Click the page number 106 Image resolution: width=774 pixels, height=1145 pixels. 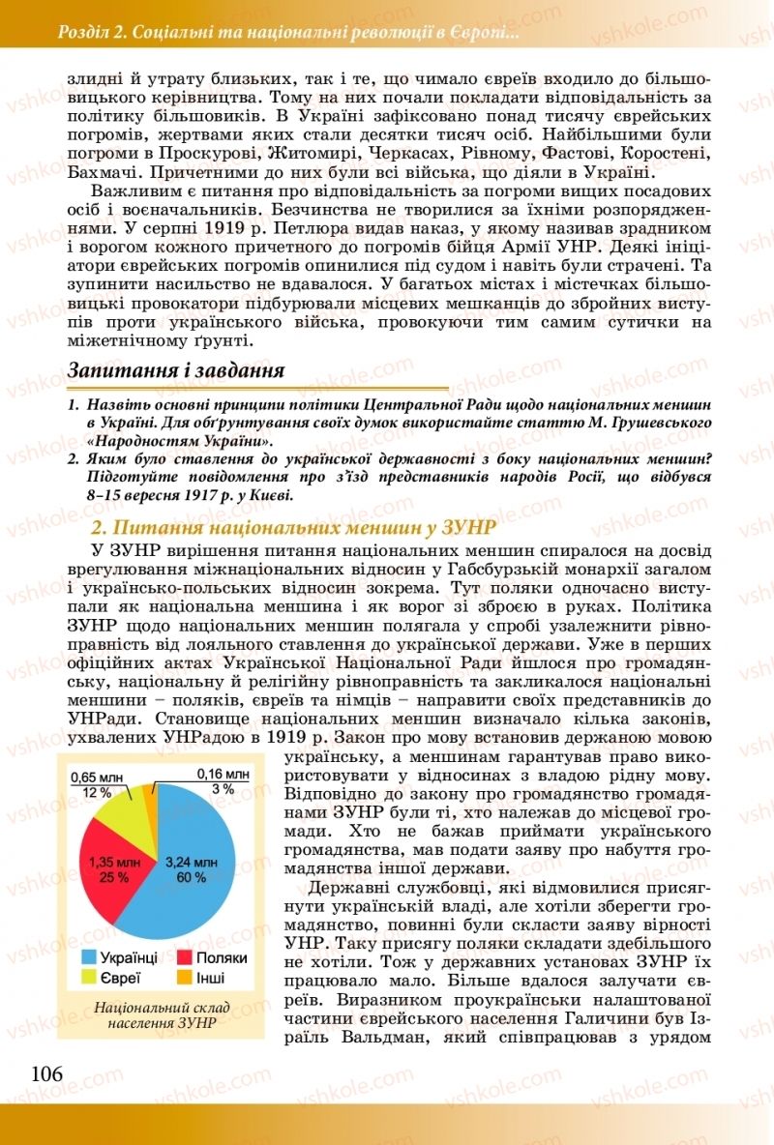46,1074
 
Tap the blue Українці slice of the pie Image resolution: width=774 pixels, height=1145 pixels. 189,875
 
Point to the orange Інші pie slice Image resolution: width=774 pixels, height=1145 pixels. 150,801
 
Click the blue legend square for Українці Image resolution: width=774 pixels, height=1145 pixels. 88,956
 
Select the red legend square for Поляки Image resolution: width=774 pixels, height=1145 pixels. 182,956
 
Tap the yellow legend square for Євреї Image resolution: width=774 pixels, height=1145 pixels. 88,977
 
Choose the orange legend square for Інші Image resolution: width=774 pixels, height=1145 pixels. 182,977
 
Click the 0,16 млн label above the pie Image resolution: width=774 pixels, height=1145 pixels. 223,774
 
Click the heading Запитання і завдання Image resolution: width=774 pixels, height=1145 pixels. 175,371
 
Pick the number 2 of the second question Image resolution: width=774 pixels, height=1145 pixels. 73,459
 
